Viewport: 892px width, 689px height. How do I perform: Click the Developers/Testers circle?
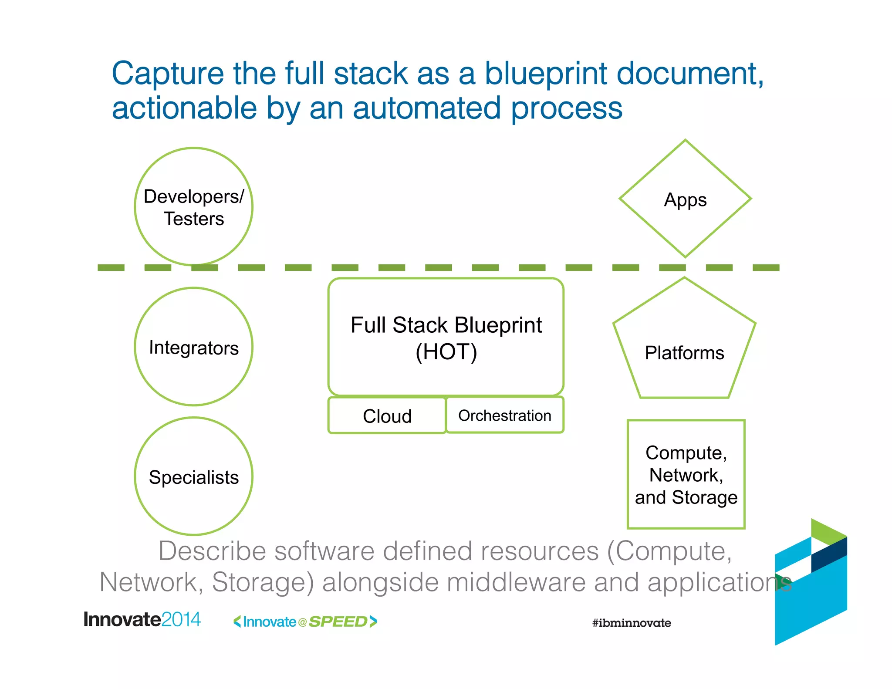tap(193, 207)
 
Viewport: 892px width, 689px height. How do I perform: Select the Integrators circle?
tap(193, 347)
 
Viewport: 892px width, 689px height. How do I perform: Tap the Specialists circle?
tap(193, 476)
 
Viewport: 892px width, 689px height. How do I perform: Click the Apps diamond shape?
tap(685, 199)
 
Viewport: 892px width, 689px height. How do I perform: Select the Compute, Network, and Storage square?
tap(686, 475)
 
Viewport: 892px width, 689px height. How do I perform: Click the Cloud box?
tap(387, 416)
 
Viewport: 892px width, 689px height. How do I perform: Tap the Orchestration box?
tap(505, 415)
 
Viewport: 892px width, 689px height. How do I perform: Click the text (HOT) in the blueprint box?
tap(446, 352)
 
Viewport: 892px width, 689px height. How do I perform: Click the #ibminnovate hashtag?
tap(631, 623)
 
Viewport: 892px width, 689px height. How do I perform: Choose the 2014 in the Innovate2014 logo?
tap(181, 619)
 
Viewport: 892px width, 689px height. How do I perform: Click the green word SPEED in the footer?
tap(338, 622)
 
